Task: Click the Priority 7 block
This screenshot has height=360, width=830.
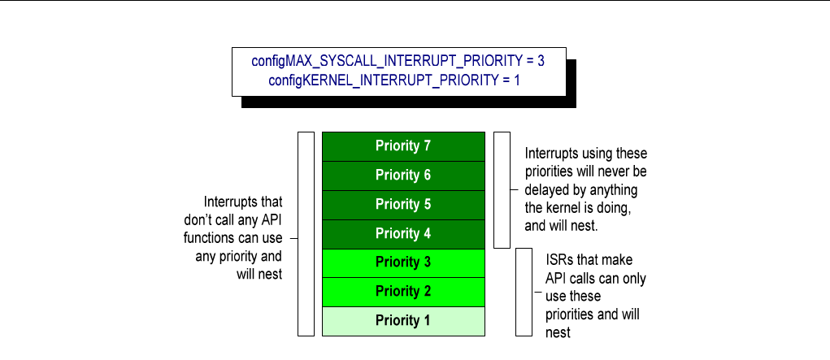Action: pyautogui.click(x=403, y=146)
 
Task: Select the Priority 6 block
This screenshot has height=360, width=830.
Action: pyautogui.click(x=403, y=176)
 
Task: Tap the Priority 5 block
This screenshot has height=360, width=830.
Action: pyautogui.click(x=403, y=205)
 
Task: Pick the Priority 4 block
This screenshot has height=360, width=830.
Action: pyautogui.click(x=403, y=234)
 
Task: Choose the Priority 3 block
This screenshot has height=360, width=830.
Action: pyautogui.click(x=403, y=262)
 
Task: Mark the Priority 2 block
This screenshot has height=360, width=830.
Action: pyautogui.click(x=403, y=291)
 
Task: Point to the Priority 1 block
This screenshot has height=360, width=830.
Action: pyautogui.click(x=403, y=320)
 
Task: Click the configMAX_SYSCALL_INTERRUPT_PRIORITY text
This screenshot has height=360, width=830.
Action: pyautogui.click(x=388, y=61)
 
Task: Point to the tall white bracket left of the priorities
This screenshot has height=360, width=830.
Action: pyautogui.click(x=306, y=233)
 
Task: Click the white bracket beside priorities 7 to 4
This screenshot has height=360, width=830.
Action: pyautogui.click(x=502, y=189)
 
